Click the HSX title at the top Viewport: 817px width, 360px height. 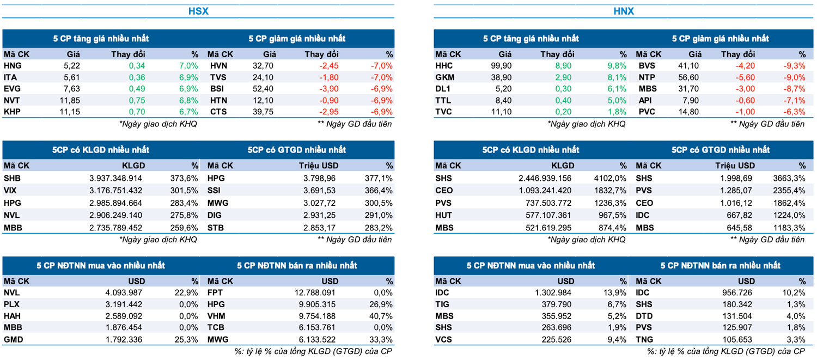click(198, 11)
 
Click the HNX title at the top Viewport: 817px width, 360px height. click(624, 11)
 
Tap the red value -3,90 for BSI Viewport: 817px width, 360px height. click(327, 89)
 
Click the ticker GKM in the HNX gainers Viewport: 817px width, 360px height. click(445, 77)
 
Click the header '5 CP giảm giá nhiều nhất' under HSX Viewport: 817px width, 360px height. click(297, 39)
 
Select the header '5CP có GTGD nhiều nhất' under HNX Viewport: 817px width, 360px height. click(721, 150)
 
